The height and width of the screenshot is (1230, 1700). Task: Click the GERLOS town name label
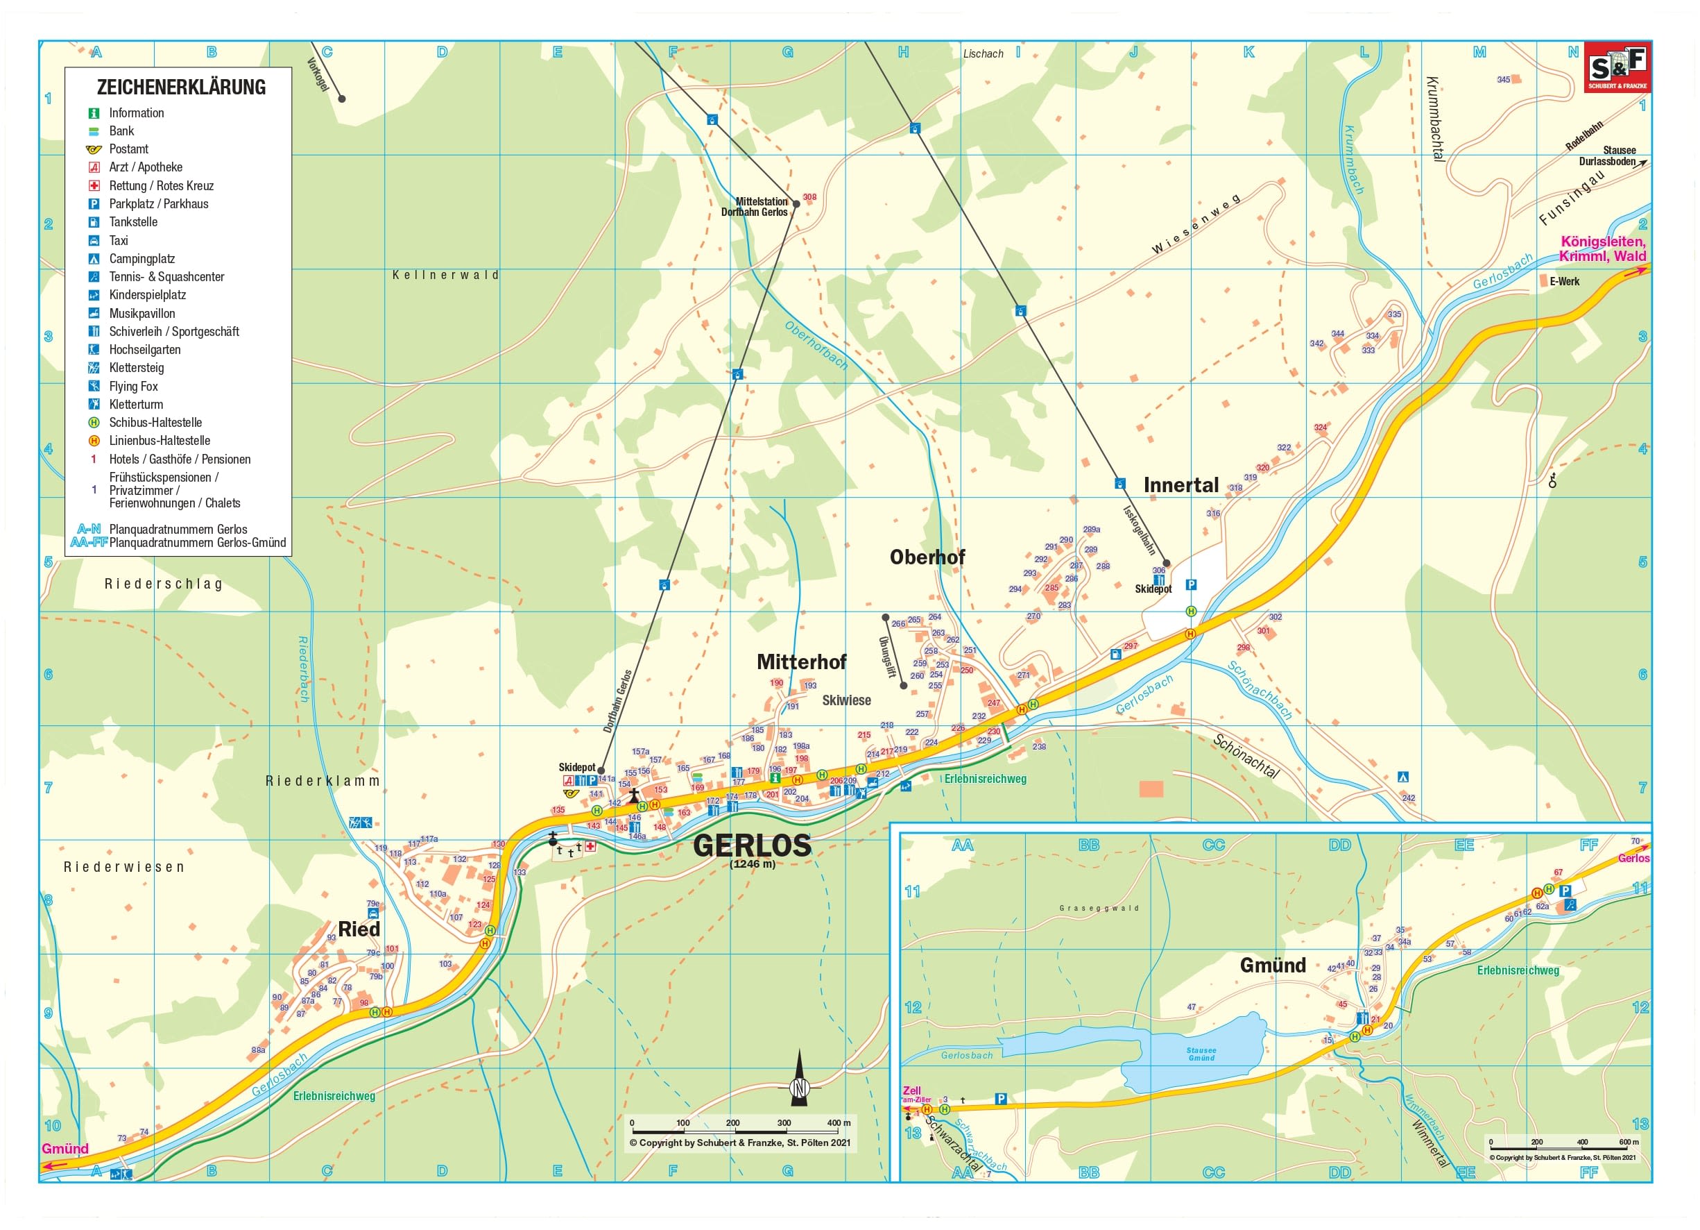coord(752,845)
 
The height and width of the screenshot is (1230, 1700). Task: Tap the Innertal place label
coord(1180,485)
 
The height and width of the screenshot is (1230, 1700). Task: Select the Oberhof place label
coord(927,557)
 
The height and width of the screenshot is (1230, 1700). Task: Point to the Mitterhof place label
coord(801,662)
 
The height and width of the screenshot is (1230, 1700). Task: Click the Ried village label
coord(359,929)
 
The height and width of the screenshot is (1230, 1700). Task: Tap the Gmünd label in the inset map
coord(1273,966)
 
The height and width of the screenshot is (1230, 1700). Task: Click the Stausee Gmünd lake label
coord(1201,1054)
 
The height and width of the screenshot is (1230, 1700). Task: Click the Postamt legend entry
coord(128,149)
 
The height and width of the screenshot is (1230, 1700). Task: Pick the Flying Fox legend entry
coord(133,386)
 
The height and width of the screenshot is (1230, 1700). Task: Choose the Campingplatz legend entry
coord(141,259)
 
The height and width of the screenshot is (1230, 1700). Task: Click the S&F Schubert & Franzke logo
coord(1617,67)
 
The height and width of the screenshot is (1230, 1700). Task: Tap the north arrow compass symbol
coord(799,1080)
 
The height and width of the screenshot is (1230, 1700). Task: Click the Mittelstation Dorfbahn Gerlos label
coord(755,207)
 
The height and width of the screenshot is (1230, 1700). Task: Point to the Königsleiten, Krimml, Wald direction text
coord(1603,248)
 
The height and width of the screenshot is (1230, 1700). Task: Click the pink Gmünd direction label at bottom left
coord(65,1148)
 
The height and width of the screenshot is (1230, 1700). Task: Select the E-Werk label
coord(1564,281)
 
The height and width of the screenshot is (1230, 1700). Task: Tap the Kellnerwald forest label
coord(445,276)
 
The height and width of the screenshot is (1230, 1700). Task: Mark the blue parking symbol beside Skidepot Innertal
coord(1191,584)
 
